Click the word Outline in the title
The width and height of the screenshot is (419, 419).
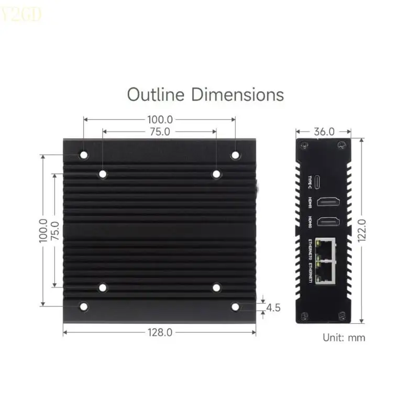(x=156, y=95)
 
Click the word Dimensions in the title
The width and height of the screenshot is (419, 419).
(x=237, y=95)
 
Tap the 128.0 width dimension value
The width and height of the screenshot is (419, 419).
(x=159, y=332)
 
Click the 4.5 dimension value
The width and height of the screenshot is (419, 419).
(x=273, y=308)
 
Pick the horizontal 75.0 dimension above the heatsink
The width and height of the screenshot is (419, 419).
(x=159, y=131)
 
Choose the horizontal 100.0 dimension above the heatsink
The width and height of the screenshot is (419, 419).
(x=159, y=120)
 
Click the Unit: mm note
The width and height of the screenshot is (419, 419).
(x=344, y=338)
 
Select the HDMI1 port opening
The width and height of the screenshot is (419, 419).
(x=329, y=201)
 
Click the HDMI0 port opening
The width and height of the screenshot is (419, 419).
(x=329, y=222)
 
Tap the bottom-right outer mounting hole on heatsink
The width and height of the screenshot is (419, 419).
(x=235, y=306)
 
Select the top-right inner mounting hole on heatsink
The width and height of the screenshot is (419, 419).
(x=216, y=174)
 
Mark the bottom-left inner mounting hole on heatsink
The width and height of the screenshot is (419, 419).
(x=103, y=288)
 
